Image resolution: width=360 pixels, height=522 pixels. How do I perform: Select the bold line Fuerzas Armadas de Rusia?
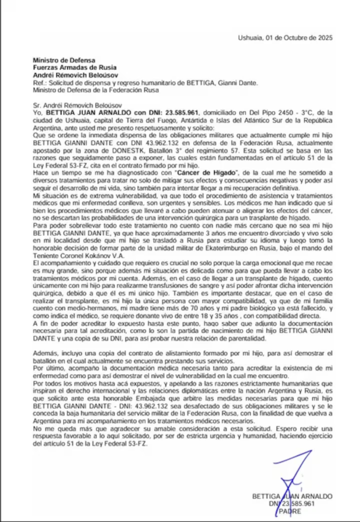point(74,67)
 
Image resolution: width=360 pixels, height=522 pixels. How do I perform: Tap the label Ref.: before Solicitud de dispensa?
point(40,83)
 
